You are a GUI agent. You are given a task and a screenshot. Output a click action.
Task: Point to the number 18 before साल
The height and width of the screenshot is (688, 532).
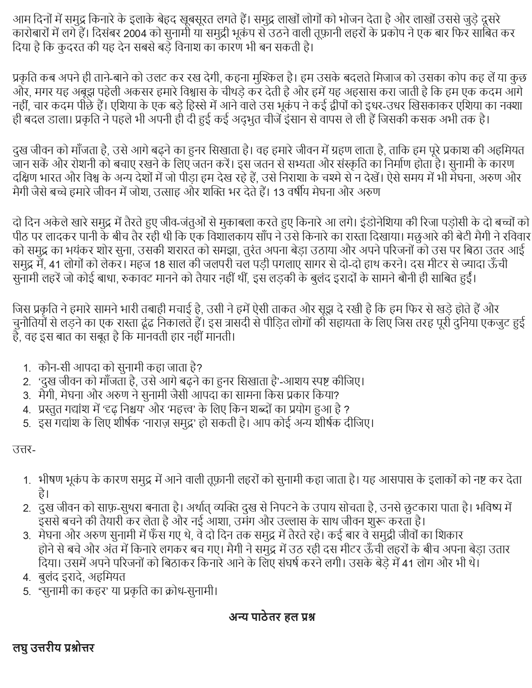[159, 264]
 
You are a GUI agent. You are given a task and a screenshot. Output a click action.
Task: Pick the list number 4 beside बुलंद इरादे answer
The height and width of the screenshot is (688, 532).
[27, 578]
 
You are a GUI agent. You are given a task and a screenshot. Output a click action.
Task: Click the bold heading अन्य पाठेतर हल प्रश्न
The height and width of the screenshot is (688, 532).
[272, 617]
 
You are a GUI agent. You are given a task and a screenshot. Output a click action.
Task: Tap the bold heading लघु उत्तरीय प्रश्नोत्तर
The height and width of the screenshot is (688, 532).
[53, 648]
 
